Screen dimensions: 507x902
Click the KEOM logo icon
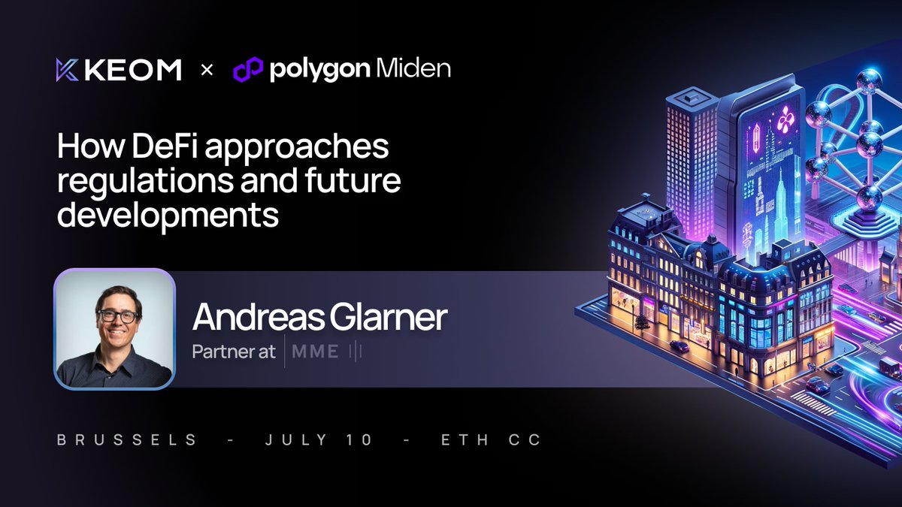point(68,70)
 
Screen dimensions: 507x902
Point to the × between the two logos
point(207,71)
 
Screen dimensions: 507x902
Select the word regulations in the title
point(138,182)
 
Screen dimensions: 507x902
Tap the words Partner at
point(234,352)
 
